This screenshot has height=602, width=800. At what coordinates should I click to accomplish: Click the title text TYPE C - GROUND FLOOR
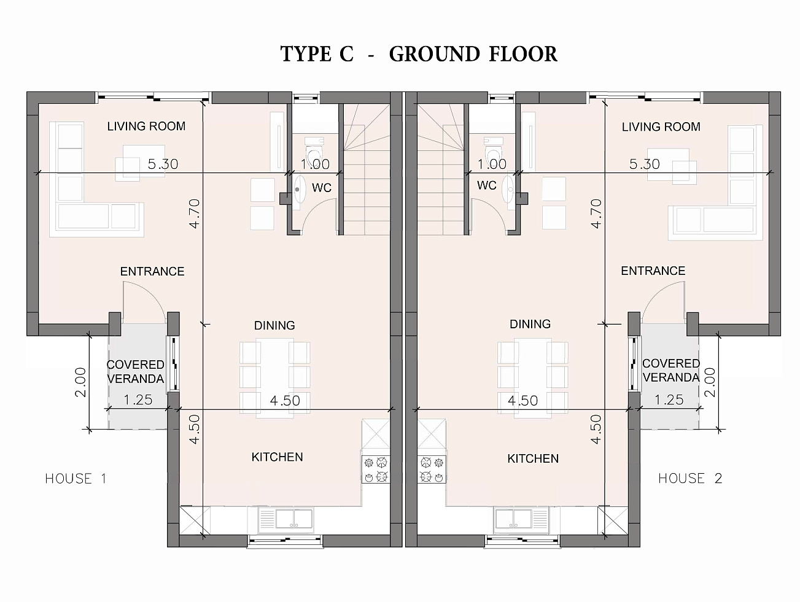pos(419,54)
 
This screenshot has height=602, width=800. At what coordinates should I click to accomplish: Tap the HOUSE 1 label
pos(76,478)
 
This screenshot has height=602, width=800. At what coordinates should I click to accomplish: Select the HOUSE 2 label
pos(690,478)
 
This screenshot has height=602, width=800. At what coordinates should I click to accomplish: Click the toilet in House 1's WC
pos(314,151)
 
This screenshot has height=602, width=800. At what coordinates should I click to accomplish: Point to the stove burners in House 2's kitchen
pos(432,469)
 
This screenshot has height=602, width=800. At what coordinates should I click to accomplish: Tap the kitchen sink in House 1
pos(285,519)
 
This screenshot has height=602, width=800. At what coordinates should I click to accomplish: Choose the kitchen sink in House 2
pos(521,519)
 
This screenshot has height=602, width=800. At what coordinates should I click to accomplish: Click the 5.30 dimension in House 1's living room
pos(163,164)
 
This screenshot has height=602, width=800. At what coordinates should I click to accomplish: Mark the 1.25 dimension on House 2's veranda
pos(669,400)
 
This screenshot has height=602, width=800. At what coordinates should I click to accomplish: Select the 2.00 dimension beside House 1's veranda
pos(80,382)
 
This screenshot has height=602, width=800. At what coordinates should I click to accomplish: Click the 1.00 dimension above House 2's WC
pos(492,164)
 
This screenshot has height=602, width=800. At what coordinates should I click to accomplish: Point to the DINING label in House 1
pos(274,325)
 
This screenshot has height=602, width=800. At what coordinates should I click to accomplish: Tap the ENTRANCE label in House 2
pos(653,271)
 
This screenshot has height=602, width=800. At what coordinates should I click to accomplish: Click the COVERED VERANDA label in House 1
pos(135,371)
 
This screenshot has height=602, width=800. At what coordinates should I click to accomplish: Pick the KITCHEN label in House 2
pos(533,458)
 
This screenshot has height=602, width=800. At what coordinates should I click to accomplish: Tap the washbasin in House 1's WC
pos(300,190)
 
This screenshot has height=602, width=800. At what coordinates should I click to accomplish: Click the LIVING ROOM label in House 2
pos(661,127)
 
